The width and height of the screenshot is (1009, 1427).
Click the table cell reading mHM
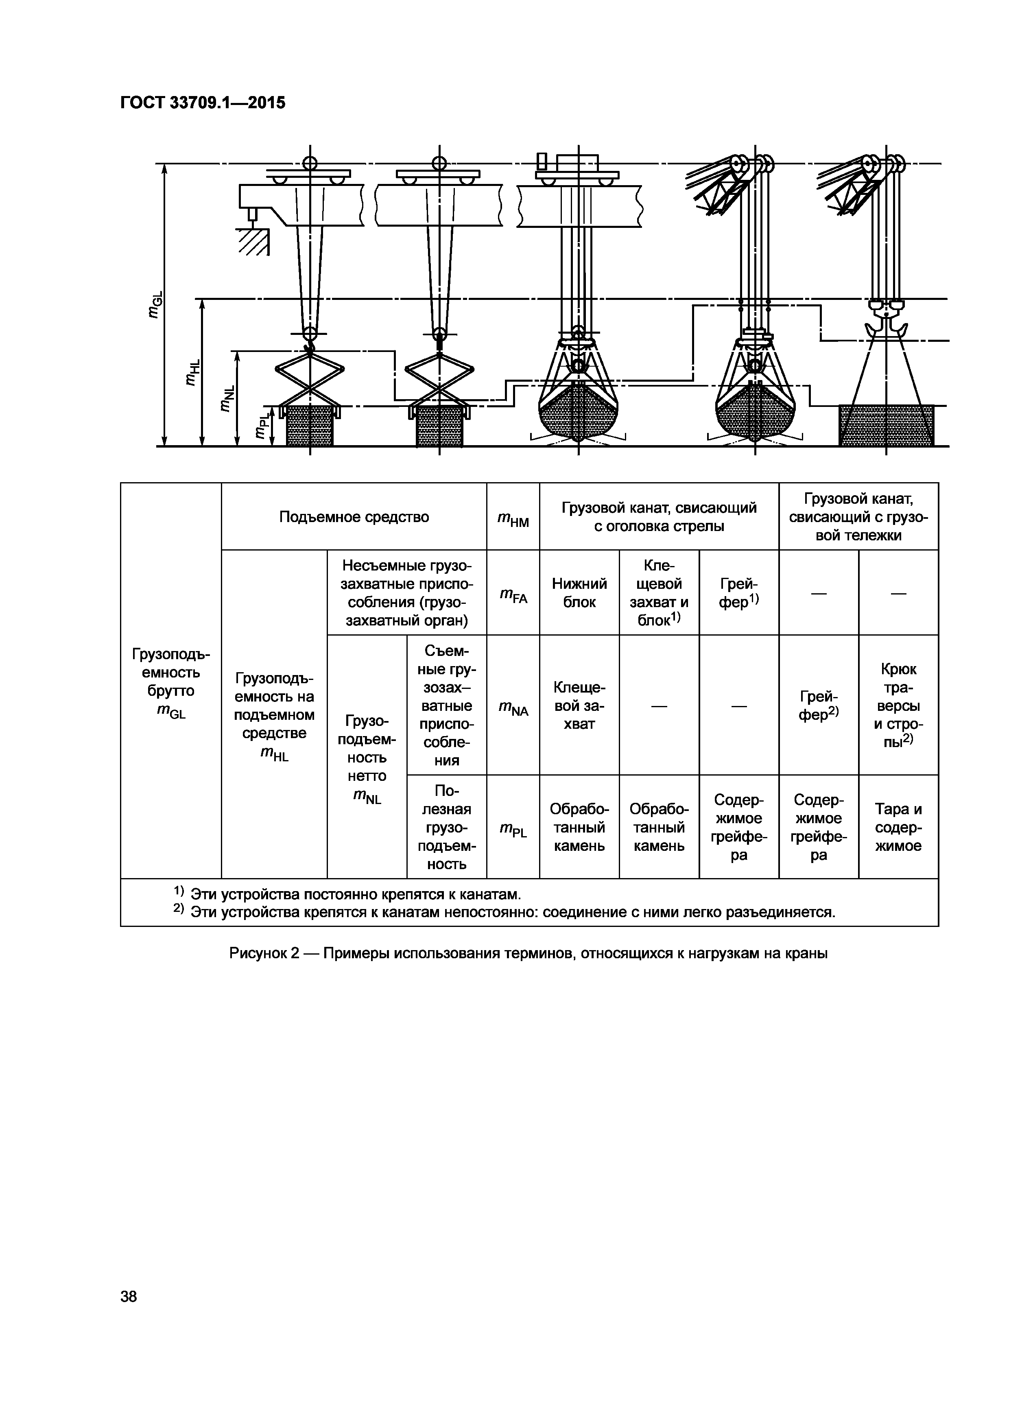513,518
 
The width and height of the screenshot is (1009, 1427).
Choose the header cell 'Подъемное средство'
354,517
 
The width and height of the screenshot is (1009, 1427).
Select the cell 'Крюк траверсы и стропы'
898,706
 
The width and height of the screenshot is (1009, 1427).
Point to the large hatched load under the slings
885,426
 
